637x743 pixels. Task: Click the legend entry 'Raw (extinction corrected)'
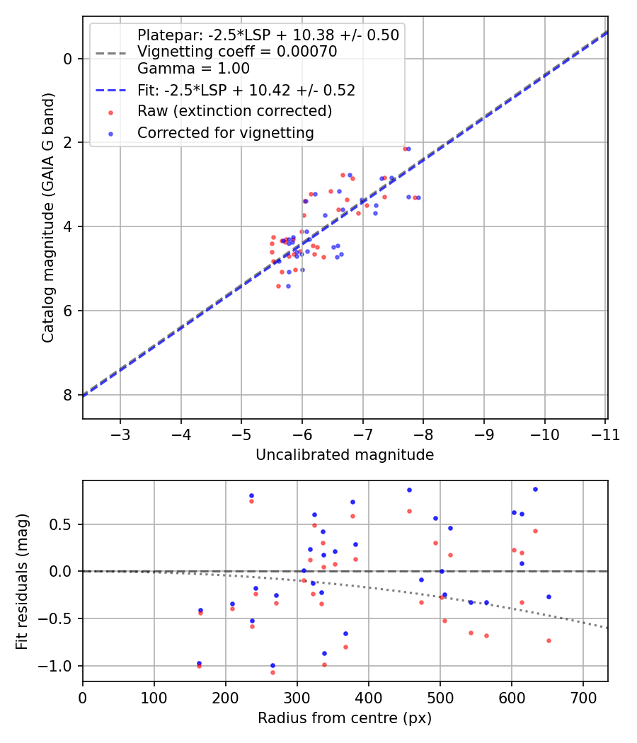[234, 111]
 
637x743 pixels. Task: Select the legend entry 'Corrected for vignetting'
[225, 132]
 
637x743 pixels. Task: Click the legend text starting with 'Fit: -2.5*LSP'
[246, 90]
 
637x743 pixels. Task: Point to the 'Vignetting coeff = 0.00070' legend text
[236, 52]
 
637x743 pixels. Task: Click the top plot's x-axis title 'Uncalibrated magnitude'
[345, 455]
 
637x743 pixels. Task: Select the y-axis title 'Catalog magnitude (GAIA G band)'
[47, 219]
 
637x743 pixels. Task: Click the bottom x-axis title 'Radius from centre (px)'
[345, 718]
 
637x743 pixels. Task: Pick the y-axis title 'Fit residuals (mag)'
[21, 581]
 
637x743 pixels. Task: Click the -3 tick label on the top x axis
[120, 434]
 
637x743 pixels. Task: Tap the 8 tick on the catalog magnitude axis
[68, 395]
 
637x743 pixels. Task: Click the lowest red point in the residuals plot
[272, 672]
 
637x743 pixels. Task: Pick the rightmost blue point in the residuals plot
[549, 597]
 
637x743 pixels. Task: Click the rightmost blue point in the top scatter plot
[418, 197]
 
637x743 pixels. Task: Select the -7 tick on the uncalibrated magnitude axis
[363, 434]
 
